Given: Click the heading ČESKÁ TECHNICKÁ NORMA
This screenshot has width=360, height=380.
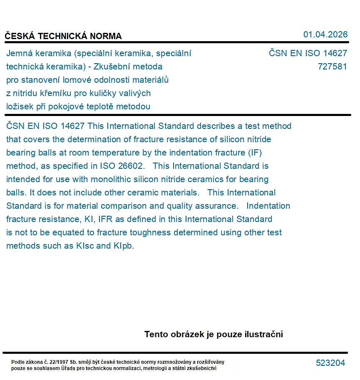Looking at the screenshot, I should (63, 36).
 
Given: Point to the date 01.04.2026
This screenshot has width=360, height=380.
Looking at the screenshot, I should (325, 35).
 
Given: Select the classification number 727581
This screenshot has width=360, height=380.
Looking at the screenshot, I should (332, 67).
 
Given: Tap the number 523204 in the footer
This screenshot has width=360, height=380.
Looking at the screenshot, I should (330, 363).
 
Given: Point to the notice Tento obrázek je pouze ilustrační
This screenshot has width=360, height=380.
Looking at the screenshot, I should (214, 334).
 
